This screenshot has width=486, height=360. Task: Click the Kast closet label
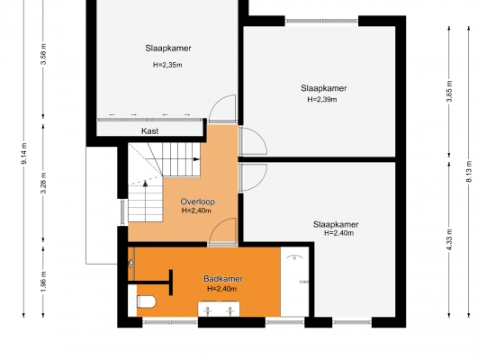[x=150, y=130]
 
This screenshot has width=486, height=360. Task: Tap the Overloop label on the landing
[x=197, y=202]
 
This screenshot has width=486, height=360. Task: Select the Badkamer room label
[x=223, y=279]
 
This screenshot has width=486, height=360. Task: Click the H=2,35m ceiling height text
[x=167, y=65]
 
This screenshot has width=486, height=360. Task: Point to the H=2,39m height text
[x=322, y=99]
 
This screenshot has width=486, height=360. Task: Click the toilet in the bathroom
[x=146, y=301]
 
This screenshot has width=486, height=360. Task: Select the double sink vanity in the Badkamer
[x=219, y=309]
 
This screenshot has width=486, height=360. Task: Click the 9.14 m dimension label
[x=24, y=154]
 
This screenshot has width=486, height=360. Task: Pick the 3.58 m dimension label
[x=43, y=54]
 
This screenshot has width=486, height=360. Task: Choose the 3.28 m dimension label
[x=43, y=183]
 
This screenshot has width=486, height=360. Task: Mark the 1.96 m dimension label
[x=43, y=281]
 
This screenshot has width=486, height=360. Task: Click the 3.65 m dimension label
[x=449, y=91]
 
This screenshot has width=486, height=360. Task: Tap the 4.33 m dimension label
[x=449, y=239]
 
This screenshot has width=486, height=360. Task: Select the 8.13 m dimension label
[x=469, y=171]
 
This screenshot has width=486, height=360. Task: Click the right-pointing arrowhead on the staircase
[x=196, y=159]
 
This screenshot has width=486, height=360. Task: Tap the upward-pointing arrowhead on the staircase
[x=145, y=184]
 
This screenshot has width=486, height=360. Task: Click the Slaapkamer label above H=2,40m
[x=336, y=224]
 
